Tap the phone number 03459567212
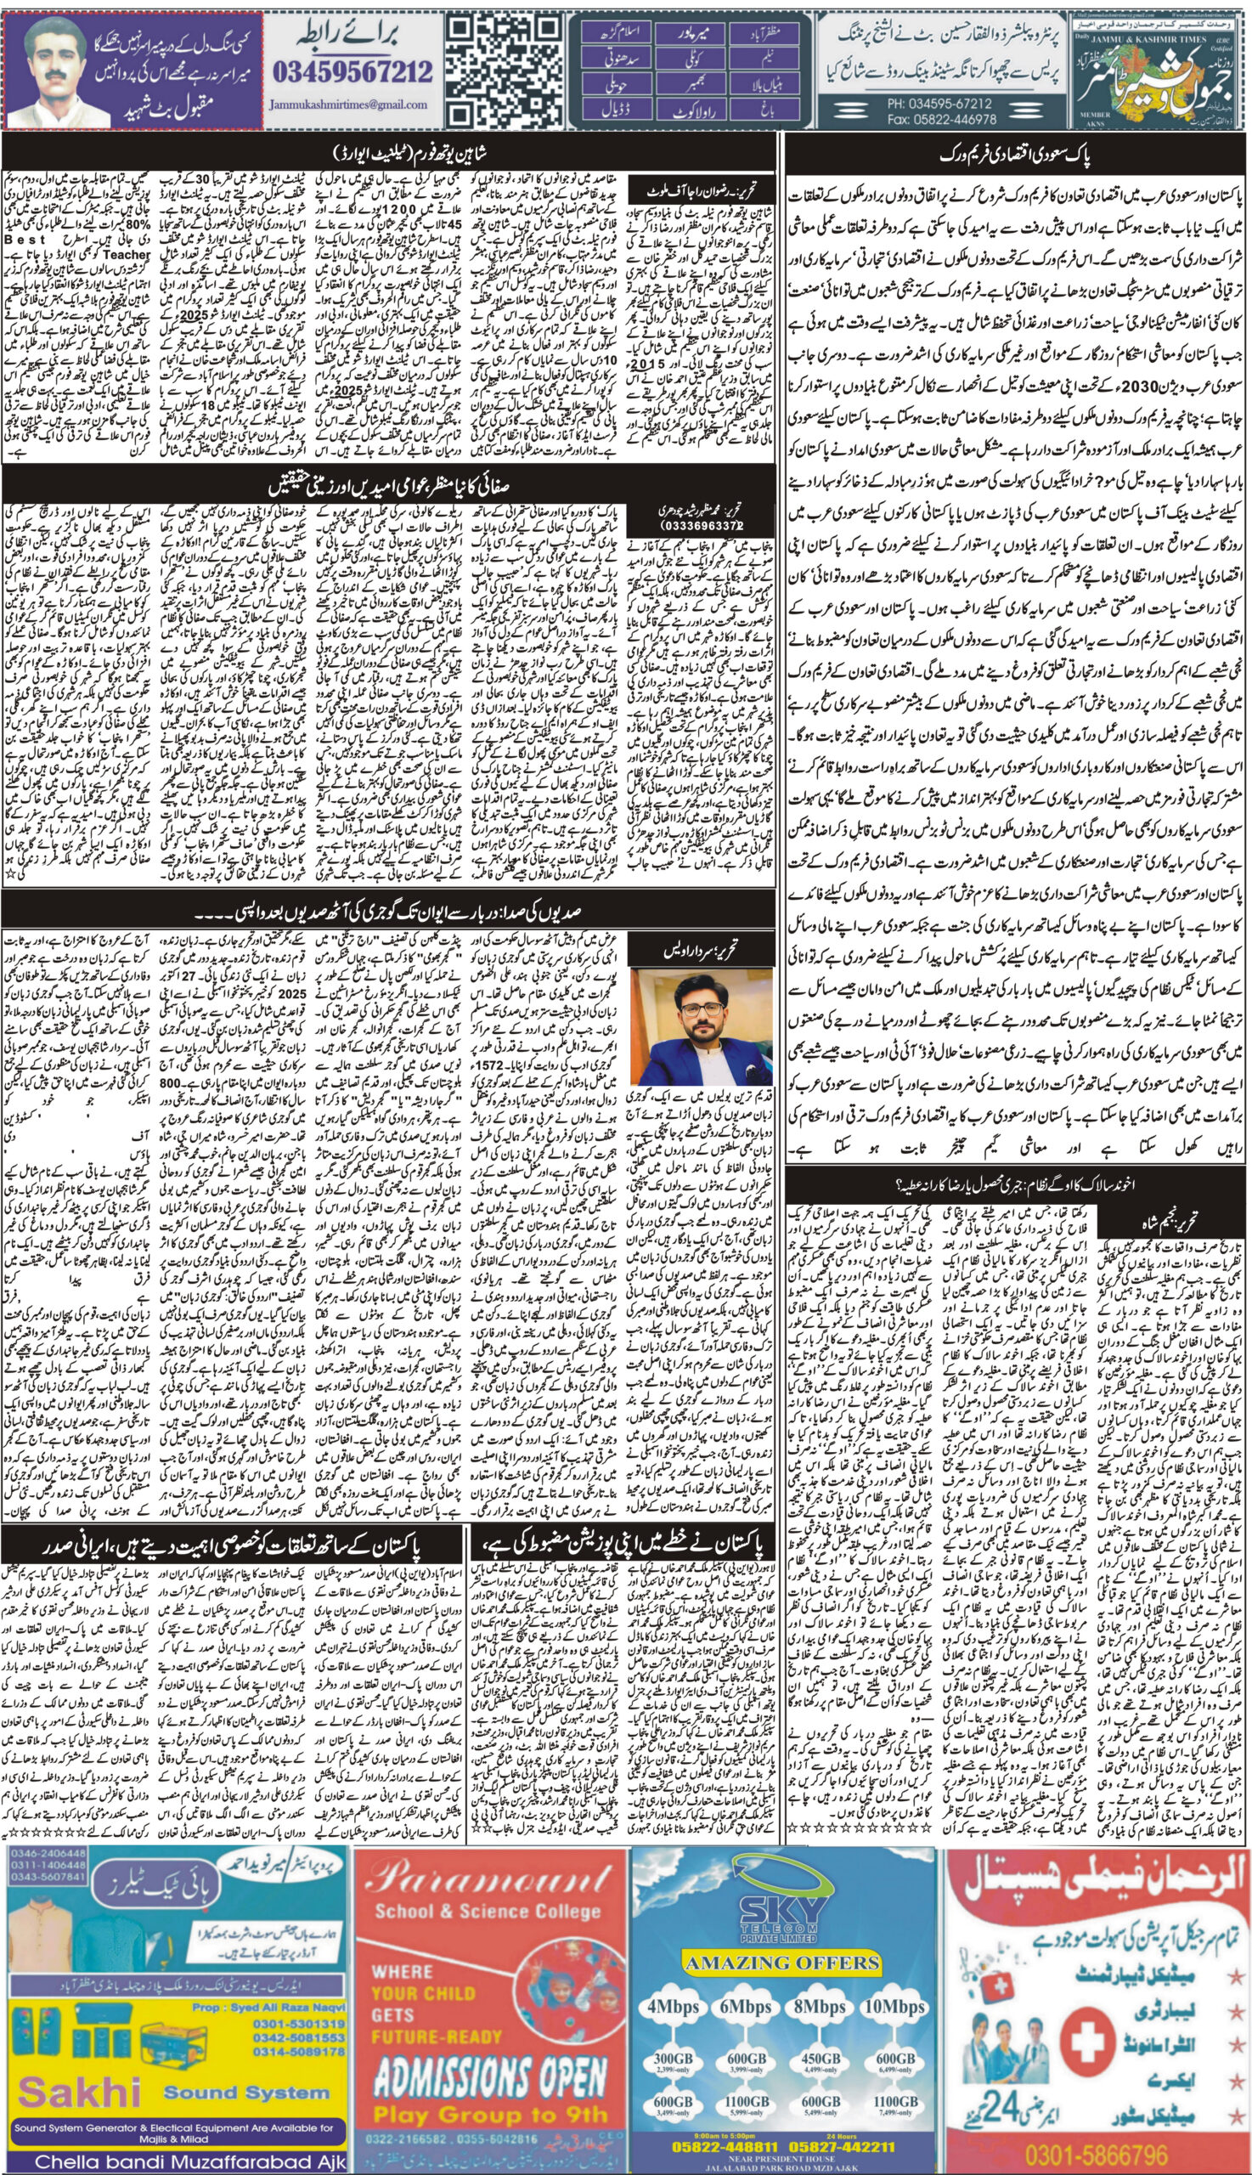[x=353, y=71]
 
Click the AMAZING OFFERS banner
[x=781, y=1860]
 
